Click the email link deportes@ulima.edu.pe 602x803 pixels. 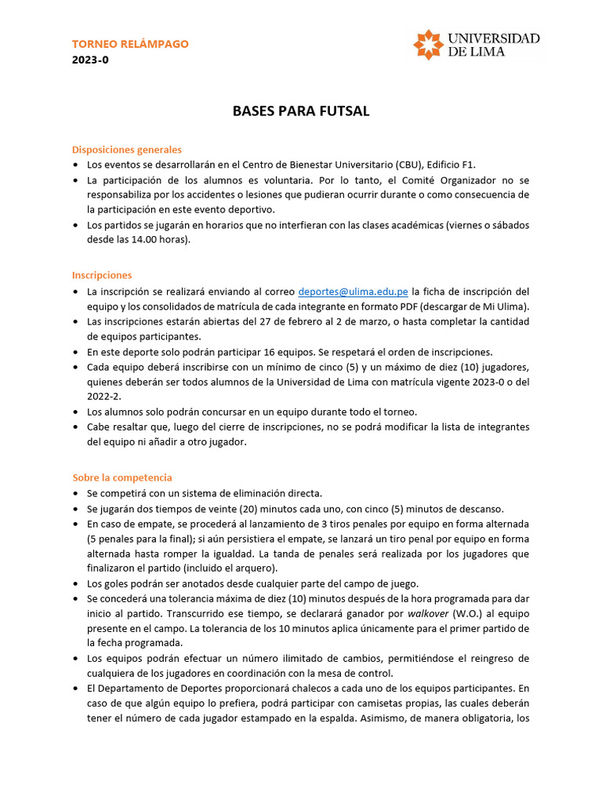353,292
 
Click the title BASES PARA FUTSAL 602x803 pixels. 301,111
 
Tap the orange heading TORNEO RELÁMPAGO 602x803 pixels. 130,44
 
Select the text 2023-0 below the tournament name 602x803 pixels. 90,60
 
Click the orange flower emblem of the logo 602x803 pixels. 428,45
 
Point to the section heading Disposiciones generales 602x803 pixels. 127,149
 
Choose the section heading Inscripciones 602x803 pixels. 102,275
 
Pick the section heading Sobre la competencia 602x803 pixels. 122,477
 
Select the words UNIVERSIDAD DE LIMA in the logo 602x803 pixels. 493,45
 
